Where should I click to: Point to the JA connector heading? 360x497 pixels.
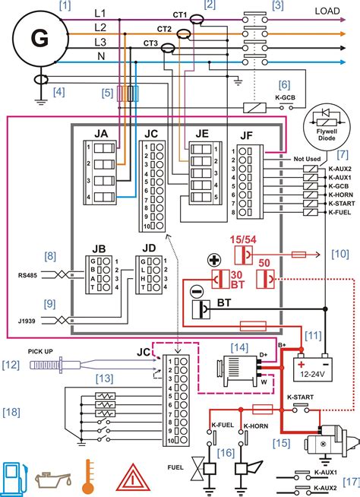pyautogui.click(x=101, y=134)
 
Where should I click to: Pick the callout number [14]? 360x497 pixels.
pyautogui.click(x=240, y=347)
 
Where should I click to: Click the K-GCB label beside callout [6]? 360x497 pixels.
pyautogui.click(x=283, y=98)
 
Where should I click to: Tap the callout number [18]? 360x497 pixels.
pyautogui.click(x=12, y=412)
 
